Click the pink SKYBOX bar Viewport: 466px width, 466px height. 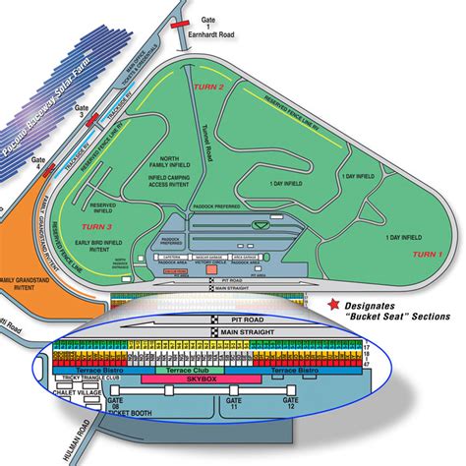[x=201, y=378]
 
